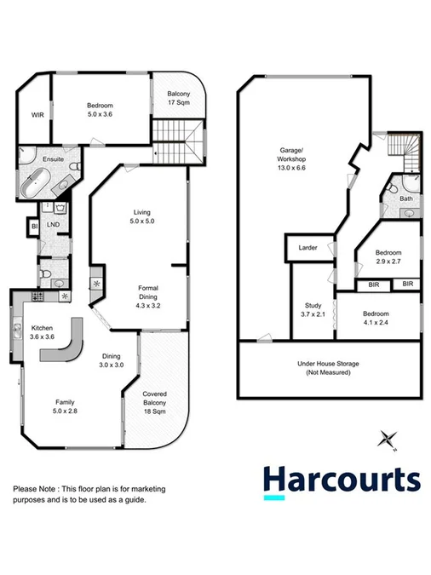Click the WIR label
coord(37,114)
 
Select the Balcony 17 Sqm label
coord(178,98)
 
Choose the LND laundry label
coord(53,225)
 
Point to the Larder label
coord(307,248)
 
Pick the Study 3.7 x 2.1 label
coord(313,310)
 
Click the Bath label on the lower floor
coord(406,198)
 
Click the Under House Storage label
coord(328,368)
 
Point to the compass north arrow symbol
coord(388,439)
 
